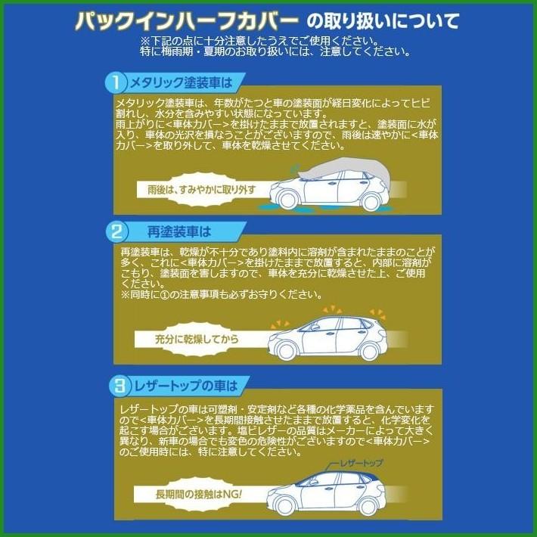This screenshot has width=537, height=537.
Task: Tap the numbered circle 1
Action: pyautogui.click(x=116, y=81)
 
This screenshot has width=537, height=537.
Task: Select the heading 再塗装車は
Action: pyautogui.click(x=178, y=231)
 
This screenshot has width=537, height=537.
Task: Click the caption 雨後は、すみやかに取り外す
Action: pyautogui.click(x=200, y=189)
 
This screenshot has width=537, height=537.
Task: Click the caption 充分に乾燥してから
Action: pyautogui.click(x=197, y=339)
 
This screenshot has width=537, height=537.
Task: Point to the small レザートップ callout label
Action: pyautogui.click(x=361, y=462)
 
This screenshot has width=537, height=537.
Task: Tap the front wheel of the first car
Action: pyautogui.click(x=287, y=199)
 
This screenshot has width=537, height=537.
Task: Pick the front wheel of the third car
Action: pyautogui.click(x=285, y=504)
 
